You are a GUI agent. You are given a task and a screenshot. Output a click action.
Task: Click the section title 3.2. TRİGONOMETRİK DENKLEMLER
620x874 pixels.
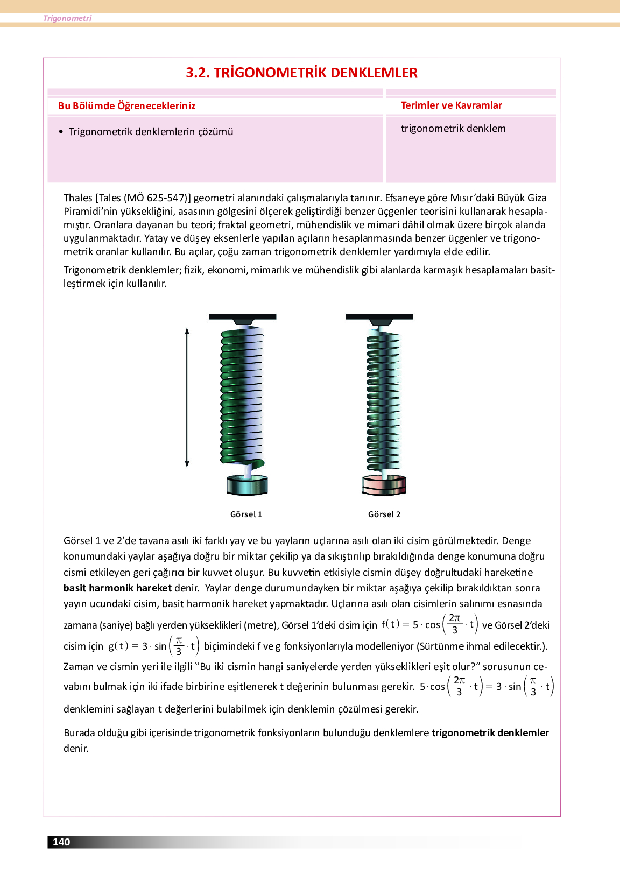[301, 73]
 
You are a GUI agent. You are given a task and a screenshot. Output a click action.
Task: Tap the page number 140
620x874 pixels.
[61, 842]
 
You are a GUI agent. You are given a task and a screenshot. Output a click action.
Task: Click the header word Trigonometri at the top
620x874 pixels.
[67, 18]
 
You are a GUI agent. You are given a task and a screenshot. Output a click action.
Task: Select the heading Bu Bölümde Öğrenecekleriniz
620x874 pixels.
[126, 105]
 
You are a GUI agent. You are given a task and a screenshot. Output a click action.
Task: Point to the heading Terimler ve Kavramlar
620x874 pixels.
[451, 105]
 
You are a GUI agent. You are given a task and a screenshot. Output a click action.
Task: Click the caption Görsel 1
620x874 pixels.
[246, 514]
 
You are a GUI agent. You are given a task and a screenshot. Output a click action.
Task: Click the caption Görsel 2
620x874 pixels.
[384, 514]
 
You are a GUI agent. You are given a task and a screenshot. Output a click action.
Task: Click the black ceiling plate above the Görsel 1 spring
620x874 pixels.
[242, 316]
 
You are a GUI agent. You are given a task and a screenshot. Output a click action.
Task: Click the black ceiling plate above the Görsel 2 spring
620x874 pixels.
[379, 316]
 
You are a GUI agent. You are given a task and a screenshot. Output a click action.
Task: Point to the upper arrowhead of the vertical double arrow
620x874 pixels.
[187, 331]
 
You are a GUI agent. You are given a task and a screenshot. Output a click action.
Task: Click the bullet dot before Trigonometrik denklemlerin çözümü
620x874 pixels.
[61, 132]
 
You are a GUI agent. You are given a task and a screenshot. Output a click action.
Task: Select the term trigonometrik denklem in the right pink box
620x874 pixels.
[453, 128]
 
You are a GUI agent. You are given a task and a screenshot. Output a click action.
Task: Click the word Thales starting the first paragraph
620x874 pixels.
[78, 198]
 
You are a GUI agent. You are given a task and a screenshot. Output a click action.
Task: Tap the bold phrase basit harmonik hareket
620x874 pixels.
[117, 588]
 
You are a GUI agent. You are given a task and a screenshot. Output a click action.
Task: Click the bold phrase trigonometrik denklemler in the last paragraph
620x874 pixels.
[490, 732]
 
